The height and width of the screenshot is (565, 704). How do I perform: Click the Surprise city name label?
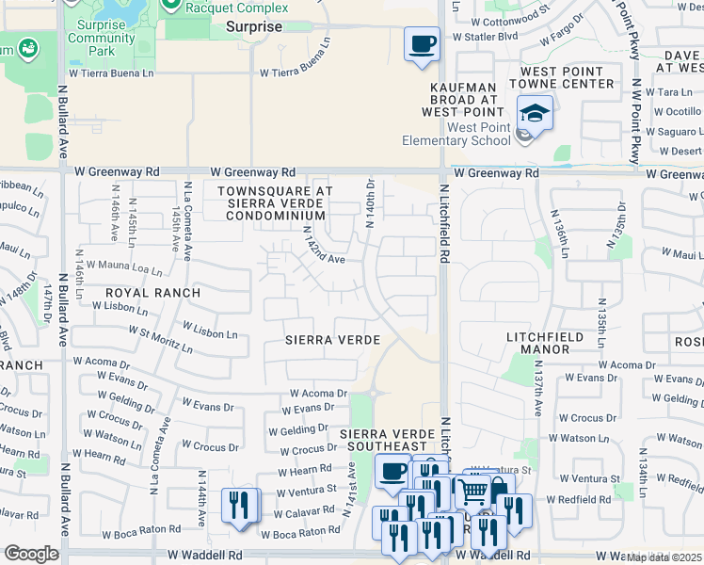click(254, 27)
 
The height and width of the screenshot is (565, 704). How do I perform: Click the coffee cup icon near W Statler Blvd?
click(422, 43)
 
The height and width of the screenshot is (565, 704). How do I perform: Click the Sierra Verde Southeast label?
click(385, 438)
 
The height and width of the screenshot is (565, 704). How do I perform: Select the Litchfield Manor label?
click(552, 343)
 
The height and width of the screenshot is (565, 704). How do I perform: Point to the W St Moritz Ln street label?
click(153, 340)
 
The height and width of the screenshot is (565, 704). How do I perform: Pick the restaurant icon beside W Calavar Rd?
click(239, 504)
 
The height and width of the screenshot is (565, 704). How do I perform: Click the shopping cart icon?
click(473, 490)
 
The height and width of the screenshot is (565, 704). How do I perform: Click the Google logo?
click(32, 553)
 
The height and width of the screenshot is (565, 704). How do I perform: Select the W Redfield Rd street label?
click(579, 499)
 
